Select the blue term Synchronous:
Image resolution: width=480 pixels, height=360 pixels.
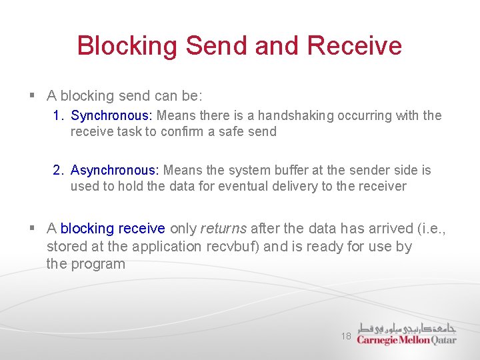coord(111,116)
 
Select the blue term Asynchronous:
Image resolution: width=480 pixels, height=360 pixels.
coord(115,171)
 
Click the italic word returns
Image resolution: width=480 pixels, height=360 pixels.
coord(224,229)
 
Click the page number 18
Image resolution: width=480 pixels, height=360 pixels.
coord(345,337)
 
